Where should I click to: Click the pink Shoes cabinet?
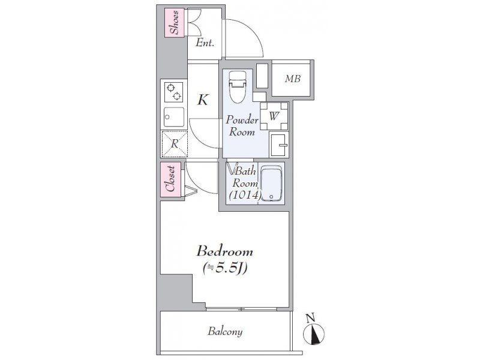click(174, 23)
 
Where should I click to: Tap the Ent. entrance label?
click(205, 43)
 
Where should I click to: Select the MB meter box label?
click(293, 79)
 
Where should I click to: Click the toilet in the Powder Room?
click(237, 87)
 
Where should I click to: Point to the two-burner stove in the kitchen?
click(173, 92)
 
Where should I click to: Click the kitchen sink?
click(174, 116)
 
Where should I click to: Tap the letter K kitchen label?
click(203, 100)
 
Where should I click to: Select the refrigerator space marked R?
click(175, 144)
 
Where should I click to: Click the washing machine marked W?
click(274, 116)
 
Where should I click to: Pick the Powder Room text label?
click(242, 125)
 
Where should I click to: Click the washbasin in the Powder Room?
click(278, 145)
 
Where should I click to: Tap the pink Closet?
click(170, 179)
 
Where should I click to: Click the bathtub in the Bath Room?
click(272, 184)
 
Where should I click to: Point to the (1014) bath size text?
click(245, 194)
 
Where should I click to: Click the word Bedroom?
click(225, 251)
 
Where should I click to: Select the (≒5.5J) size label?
click(225, 268)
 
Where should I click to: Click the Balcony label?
click(225, 331)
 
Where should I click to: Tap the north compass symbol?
click(313, 333)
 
